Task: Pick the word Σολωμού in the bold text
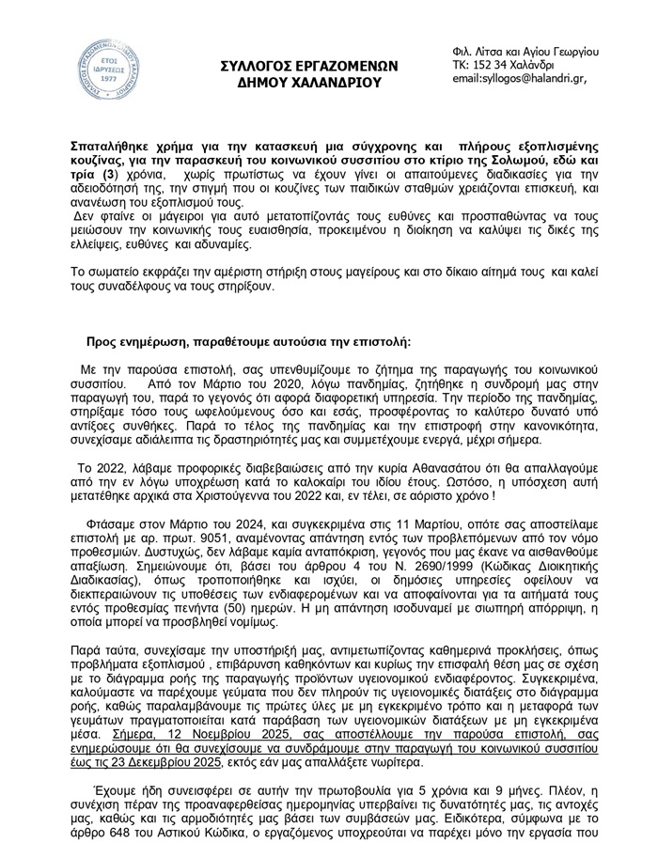click(x=531, y=163)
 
